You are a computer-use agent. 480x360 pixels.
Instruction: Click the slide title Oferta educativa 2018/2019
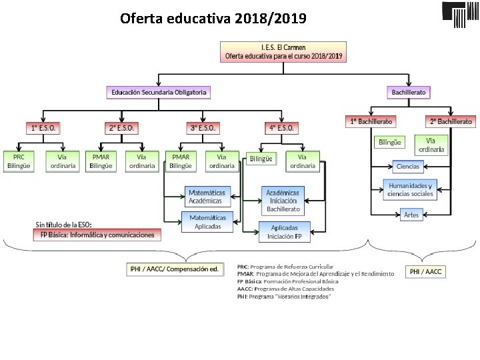[x=213, y=18]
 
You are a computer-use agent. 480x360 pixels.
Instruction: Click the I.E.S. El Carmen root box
[x=284, y=52]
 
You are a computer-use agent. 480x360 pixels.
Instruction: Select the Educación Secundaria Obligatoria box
[x=159, y=92]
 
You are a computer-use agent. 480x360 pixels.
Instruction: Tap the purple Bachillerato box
[x=409, y=92]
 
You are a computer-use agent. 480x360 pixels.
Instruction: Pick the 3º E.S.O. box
[x=203, y=127]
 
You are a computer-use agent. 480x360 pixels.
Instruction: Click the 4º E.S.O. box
[x=283, y=127]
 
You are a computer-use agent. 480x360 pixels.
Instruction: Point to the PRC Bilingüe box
[x=19, y=161]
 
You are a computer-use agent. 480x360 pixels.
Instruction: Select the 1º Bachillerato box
[x=371, y=122]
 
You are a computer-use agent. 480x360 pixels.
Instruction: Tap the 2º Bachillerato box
[x=451, y=122]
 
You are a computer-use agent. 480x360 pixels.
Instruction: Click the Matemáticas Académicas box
[x=207, y=196]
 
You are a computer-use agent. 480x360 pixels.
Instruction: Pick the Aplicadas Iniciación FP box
[x=284, y=232]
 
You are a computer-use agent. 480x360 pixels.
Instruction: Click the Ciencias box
[x=407, y=165]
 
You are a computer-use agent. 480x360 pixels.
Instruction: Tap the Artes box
[x=411, y=215]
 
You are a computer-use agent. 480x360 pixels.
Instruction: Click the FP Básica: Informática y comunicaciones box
[x=97, y=235]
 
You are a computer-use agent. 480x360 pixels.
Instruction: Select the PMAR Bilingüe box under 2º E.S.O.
[x=101, y=161]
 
